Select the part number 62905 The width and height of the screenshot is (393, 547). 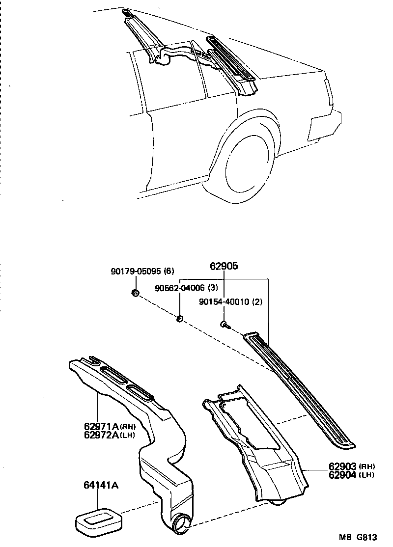coord(224,266)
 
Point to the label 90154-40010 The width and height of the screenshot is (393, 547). coord(224,302)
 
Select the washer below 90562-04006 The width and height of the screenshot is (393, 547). coord(180,320)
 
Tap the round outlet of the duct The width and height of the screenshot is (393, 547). coord(181,522)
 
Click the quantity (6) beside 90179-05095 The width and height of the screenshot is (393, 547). coord(168,271)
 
